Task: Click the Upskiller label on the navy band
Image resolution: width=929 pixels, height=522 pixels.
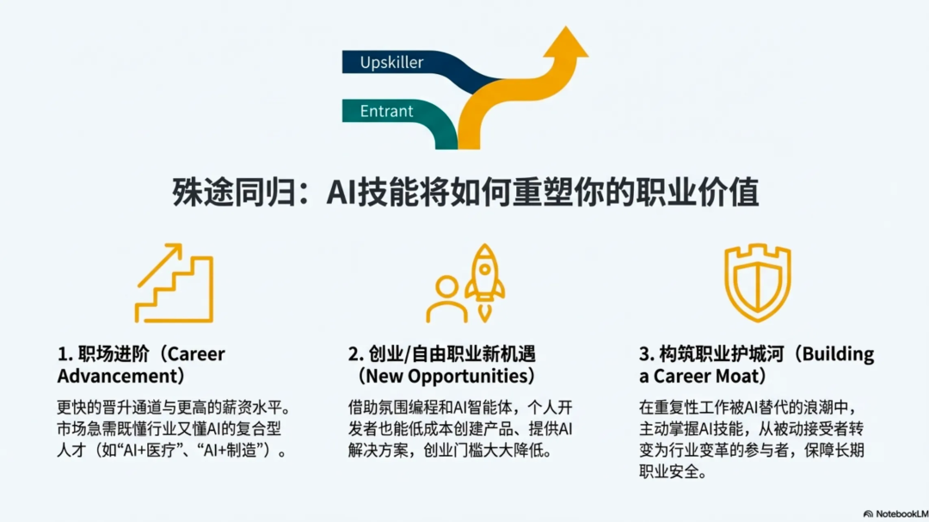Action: (x=391, y=62)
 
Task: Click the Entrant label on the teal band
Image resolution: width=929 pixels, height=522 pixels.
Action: (x=386, y=111)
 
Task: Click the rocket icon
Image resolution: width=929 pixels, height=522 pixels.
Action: (x=485, y=273)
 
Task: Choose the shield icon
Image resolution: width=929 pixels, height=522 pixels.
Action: (x=757, y=282)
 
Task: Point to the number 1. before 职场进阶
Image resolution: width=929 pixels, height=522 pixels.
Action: (x=65, y=354)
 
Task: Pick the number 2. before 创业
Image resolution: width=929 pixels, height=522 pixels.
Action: (x=355, y=354)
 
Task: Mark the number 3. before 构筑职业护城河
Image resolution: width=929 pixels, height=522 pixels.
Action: (x=646, y=354)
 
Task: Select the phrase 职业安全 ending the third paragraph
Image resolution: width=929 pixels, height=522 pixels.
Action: (x=668, y=472)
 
